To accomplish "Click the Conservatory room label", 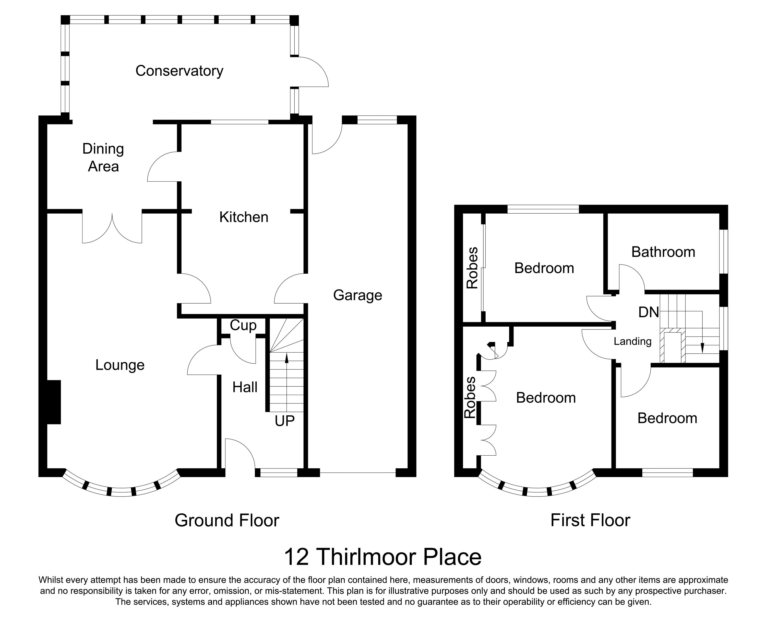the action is pos(179,71).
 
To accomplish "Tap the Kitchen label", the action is pos(244,217).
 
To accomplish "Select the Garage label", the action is pos(357,295).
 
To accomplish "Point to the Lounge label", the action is pos(120,365).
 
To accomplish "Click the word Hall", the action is pos(245,387).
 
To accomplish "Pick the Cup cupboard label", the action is pos(243,325).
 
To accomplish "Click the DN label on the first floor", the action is pos(649,313).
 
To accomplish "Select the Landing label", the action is pos(632,341).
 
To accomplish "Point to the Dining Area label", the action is pos(103,158).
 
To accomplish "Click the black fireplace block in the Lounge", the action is pos(54,402).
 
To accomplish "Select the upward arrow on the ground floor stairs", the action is pos(286,358).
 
